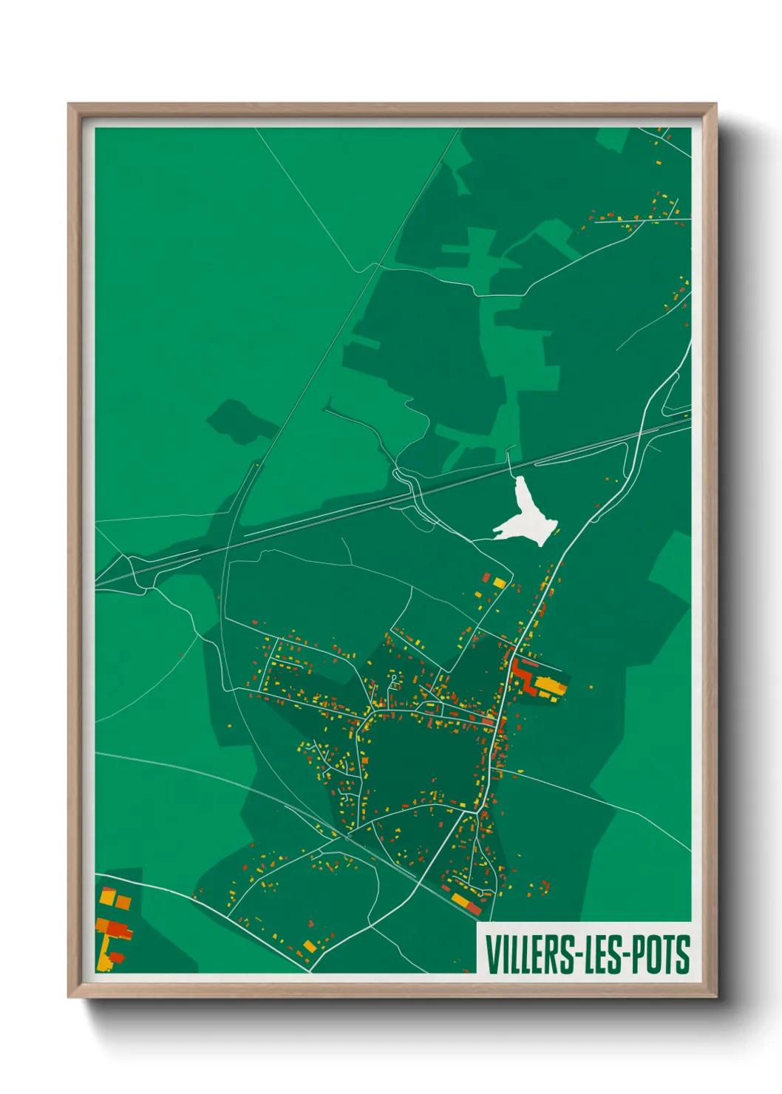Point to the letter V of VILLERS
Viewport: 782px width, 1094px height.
pyautogui.click(x=491, y=954)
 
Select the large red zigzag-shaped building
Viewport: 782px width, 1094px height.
pyautogui.click(x=524, y=676)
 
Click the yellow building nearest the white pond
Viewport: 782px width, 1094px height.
pyautogui.click(x=500, y=583)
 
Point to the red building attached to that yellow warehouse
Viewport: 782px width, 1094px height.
pyautogui.click(x=473, y=907)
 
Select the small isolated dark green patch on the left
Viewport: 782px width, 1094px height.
pyautogui.click(x=235, y=421)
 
